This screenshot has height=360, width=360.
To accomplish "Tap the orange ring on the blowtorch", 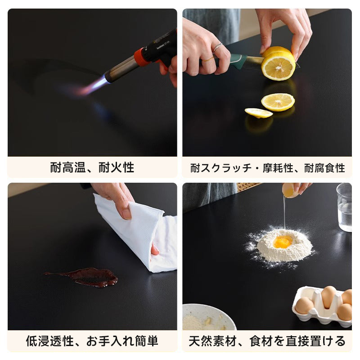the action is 140,57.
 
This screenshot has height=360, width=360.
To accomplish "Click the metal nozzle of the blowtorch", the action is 122,68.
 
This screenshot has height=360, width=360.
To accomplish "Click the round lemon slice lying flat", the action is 278,102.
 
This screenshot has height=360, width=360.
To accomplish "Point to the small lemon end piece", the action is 258,113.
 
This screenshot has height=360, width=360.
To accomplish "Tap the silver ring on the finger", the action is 217,47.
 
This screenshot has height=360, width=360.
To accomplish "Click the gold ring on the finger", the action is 207,60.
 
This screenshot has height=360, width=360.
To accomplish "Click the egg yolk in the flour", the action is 283,242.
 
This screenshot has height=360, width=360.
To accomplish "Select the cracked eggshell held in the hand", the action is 290,190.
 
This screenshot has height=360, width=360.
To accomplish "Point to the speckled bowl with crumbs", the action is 209,317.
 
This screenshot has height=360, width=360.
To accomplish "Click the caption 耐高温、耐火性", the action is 92,167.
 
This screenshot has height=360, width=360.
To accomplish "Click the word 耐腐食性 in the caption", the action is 324,168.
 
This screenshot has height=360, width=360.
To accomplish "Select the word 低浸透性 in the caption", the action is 50,341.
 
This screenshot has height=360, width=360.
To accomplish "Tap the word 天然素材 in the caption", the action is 212,341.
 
